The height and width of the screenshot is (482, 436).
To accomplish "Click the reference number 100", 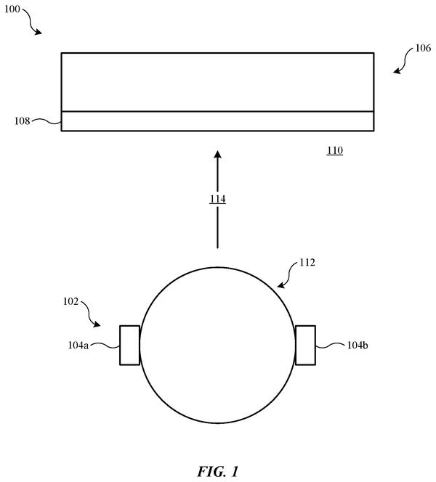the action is click(x=12, y=9).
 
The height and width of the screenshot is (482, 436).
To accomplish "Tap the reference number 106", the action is click(x=423, y=48).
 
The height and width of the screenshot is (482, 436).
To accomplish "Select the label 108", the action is click(x=22, y=120).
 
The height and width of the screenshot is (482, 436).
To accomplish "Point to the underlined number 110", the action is click(x=335, y=150).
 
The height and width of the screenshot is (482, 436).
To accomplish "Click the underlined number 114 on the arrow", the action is click(x=217, y=199).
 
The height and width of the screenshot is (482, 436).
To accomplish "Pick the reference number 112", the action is click(x=307, y=263).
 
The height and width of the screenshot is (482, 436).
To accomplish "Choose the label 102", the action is click(x=70, y=301).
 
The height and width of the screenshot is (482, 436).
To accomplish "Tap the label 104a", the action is click(x=78, y=346).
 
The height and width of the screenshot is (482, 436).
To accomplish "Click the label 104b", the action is click(x=358, y=346).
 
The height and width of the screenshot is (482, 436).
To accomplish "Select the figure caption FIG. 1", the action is click(x=218, y=472).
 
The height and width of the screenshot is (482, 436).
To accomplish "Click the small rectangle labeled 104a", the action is click(x=129, y=346).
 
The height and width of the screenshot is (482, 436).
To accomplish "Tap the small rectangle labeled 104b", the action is click(x=305, y=346).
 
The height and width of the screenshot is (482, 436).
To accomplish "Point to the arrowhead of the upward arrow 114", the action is click(x=218, y=155).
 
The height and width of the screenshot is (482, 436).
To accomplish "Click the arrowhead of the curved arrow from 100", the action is click(x=39, y=32).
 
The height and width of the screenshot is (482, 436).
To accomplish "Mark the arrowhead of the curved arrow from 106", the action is click(x=397, y=70).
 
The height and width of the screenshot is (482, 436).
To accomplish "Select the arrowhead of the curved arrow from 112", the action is click(x=281, y=285).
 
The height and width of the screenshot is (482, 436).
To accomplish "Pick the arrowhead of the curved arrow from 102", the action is click(x=97, y=324).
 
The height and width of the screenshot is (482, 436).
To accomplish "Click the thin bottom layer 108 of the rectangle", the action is click(x=217, y=121).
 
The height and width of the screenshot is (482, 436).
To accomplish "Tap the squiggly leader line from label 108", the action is click(x=47, y=121).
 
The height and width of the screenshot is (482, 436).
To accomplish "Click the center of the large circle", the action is click(x=217, y=346).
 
